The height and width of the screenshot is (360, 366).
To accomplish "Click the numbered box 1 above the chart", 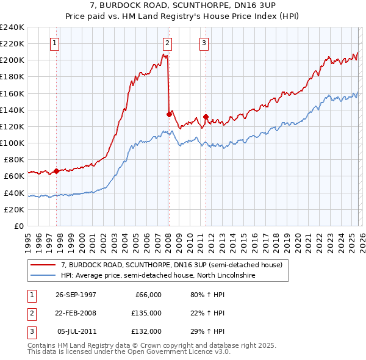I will pyautogui.click(x=56, y=43).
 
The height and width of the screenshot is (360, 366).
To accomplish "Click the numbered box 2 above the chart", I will pyautogui.click(x=167, y=43).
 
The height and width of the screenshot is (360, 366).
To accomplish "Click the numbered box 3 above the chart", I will pyautogui.click(x=204, y=43).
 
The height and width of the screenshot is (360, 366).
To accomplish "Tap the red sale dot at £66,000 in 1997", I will pyautogui.click(x=56, y=171).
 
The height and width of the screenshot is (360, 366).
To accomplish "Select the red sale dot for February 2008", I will pyautogui.click(x=168, y=113).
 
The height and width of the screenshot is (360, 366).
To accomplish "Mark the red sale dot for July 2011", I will pyautogui.click(x=206, y=117).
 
